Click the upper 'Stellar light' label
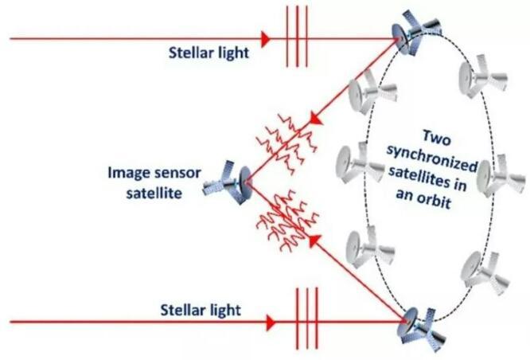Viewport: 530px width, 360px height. [x=208, y=53]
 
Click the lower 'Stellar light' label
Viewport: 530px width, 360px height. [x=201, y=310]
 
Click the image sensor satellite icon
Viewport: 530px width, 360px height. [x=227, y=182]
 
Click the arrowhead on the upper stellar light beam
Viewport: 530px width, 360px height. [x=266, y=39]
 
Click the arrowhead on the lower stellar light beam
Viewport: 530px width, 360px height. [x=271, y=323]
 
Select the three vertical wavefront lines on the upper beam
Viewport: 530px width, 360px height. [x=297, y=37]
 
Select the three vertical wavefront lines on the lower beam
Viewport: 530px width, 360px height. [x=307, y=319]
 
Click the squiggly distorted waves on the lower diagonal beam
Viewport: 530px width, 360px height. [x=287, y=221]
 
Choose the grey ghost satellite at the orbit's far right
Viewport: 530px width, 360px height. [x=501, y=175]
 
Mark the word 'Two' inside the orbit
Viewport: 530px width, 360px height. [x=437, y=138]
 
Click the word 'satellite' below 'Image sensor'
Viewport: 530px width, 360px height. [x=154, y=194]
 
